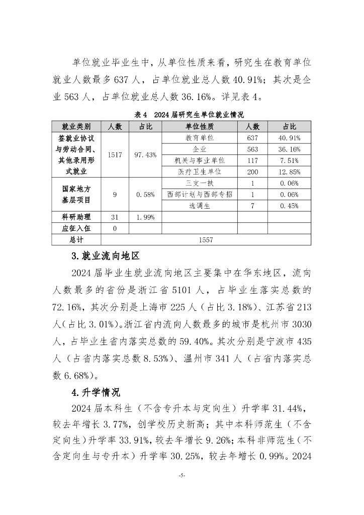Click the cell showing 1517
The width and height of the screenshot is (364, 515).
pyautogui.click(x=115, y=155)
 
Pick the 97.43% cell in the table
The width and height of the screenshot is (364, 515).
pyautogui.click(x=145, y=155)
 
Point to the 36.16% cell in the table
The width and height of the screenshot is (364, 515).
pyautogui.click(x=289, y=149)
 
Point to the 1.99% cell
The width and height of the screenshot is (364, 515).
pyautogui.click(x=145, y=217)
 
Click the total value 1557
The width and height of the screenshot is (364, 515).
pyautogui.click(x=206, y=240)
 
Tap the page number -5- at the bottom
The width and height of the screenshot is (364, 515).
pyautogui.click(x=182, y=474)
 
